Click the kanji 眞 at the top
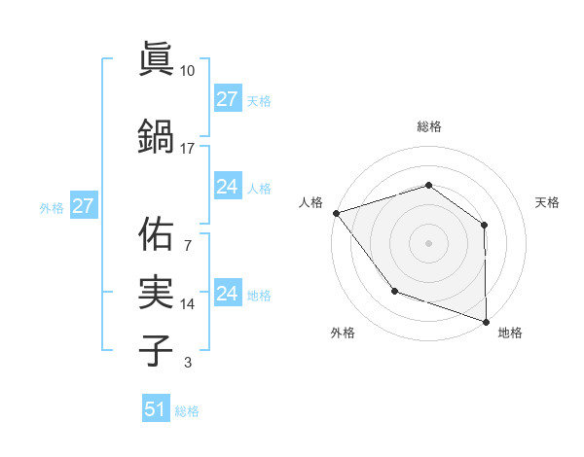156,60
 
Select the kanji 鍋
156,135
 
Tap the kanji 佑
156,234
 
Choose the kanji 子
156,350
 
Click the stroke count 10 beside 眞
188,71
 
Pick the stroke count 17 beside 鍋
188,148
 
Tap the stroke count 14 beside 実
188,304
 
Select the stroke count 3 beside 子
188,364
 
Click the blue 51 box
155,409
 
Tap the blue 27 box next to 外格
83,206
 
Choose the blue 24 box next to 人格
227,187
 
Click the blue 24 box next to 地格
227,293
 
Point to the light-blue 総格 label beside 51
187,411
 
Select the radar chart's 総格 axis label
428,126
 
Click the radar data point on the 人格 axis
336,213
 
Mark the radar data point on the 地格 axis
486,320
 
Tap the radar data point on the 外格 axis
394,290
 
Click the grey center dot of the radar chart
428,242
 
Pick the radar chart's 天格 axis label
548,202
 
